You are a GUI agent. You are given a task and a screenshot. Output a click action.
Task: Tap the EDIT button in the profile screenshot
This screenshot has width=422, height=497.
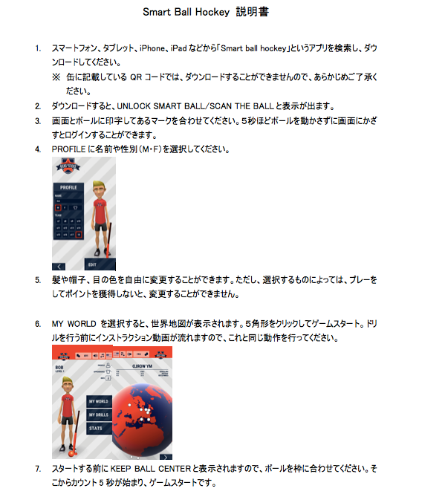click(x=91, y=264)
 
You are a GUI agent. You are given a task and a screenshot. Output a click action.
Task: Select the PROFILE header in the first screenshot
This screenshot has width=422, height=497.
click(x=68, y=187)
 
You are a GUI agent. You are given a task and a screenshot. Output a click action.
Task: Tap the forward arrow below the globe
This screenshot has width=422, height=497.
click(x=165, y=457)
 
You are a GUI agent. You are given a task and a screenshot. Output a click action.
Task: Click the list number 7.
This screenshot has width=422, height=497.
click(x=38, y=469)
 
